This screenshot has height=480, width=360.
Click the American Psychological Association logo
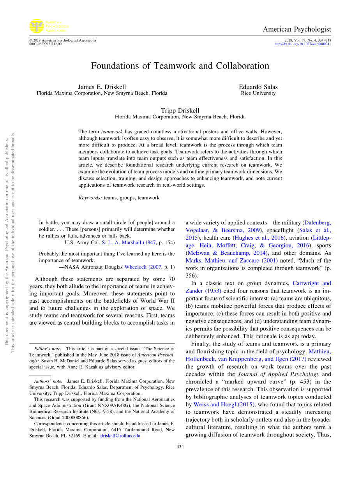(x=36, y=26)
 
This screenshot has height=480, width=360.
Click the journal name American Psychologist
(x=297, y=29)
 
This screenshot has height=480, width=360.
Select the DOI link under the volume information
(x=303, y=44)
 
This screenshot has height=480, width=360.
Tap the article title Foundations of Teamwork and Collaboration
(x=180, y=65)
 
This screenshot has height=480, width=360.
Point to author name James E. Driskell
(x=102, y=87)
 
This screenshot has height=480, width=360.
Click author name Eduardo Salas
(x=258, y=87)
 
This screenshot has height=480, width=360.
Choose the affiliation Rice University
(x=258, y=93)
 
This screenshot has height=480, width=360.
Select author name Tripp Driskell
(x=180, y=111)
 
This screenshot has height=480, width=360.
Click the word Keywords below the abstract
(x=90, y=198)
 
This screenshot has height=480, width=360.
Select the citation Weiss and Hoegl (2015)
(x=225, y=404)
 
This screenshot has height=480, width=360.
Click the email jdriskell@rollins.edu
(x=120, y=436)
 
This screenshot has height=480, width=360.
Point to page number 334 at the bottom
(x=180, y=446)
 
